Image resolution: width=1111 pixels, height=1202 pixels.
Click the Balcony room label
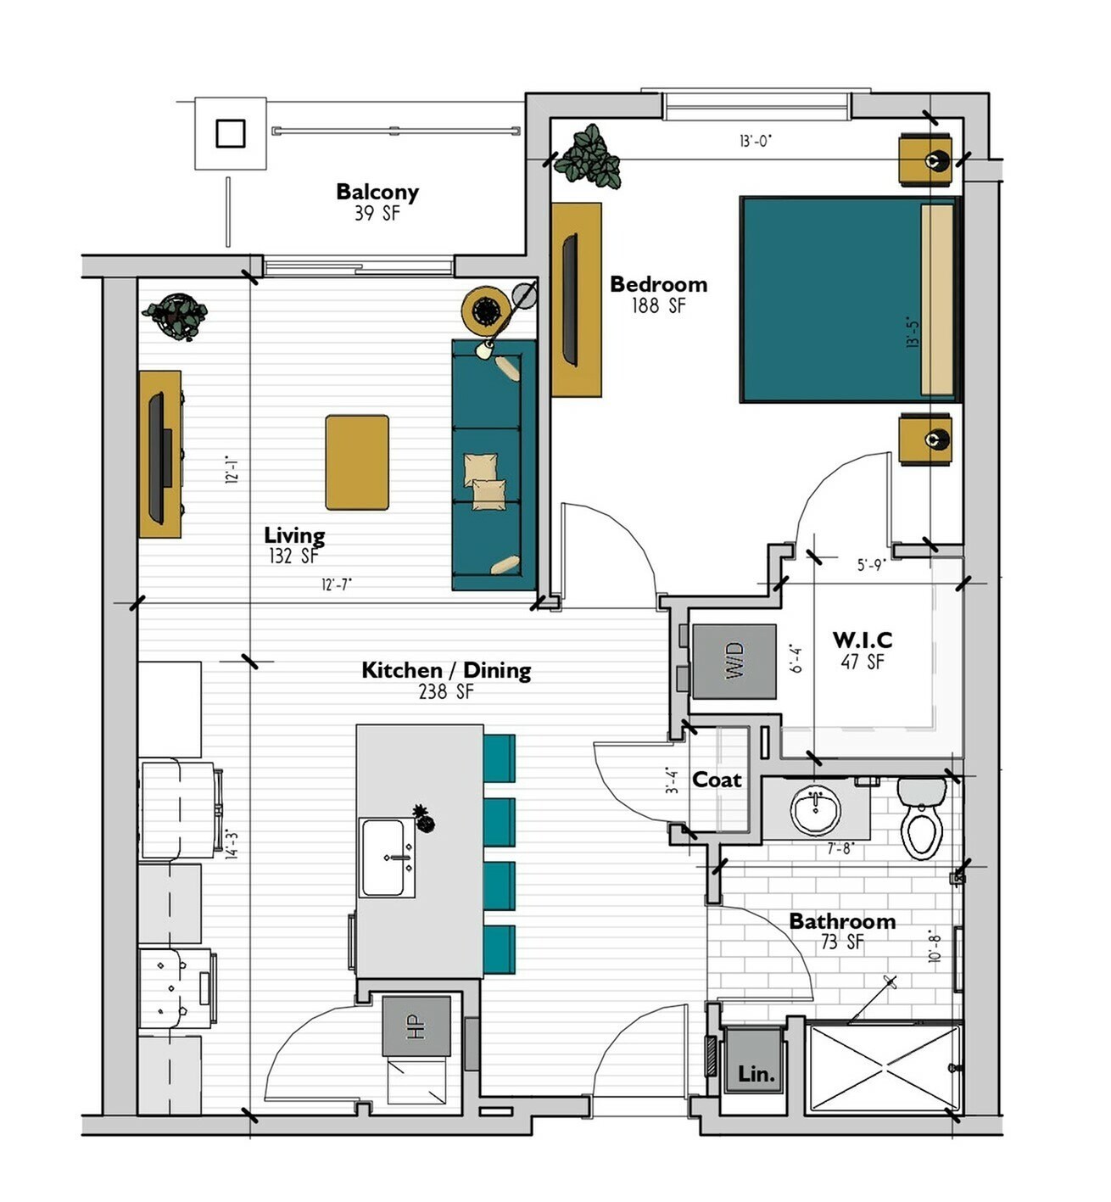pyautogui.click(x=377, y=192)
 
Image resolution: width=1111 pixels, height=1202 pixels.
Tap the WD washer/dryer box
pyautogui.click(x=734, y=662)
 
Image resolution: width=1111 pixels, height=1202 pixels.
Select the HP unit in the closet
pyautogui.click(x=416, y=1026)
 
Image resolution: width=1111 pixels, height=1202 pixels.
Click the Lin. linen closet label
pyautogui.click(x=756, y=1074)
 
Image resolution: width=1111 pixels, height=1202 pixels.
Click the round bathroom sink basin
pyautogui.click(x=815, y=811)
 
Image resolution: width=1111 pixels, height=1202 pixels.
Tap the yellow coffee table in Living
pyautogui.click(x=357, y=462)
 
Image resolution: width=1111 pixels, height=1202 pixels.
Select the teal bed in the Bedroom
pyautogui.click(x=849, y=299)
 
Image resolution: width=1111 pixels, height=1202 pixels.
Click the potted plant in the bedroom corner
pyautogui.click(x=587, y=155)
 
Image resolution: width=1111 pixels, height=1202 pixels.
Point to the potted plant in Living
pyautogui.click(x=175, y=316)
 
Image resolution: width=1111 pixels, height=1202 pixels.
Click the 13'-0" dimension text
pyautogui.click(x=756, y=141)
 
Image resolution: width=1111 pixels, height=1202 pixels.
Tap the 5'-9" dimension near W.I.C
pyautogui.click(x=871, y=565)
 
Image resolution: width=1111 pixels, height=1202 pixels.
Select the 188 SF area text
pyautogui.click(x=658, y=305)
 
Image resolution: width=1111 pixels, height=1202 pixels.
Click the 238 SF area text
pyautogui.click(x=446, y=691)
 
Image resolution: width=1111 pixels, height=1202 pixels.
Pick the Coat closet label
pyautogui.click(x=717, y=780)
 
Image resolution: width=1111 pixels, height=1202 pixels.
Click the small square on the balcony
pyautogui.click(x=231, y=134)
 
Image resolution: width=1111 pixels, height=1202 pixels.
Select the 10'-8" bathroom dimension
pyautogui.click(x=935, y=945)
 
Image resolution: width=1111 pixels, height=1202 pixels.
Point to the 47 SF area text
pyautogui.click(x=863, y=662)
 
